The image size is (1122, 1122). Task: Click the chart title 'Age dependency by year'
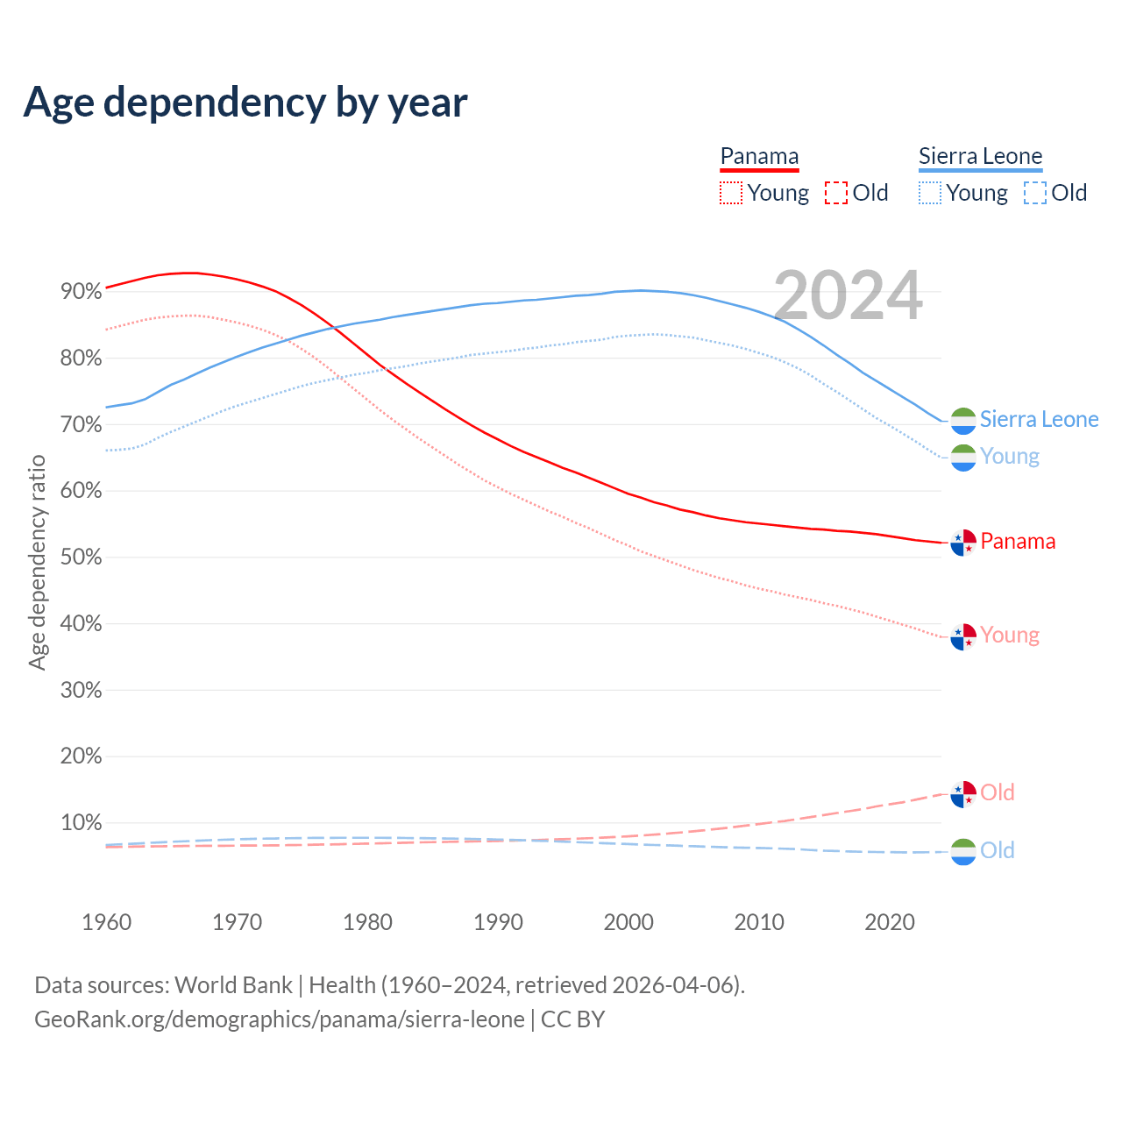[x=245, y=102]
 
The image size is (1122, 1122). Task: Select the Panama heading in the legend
[x=759, y=156]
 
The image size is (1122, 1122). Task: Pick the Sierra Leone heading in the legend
[x=980, y=156]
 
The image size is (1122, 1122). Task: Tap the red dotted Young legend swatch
[x=730, y=193]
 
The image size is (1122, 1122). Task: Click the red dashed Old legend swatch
[x=836, y=193]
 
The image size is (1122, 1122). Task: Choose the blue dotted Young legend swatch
[x=930, y=193]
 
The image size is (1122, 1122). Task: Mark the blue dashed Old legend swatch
[x=1035, y=193]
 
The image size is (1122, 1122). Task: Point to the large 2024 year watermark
[x=848, y=295]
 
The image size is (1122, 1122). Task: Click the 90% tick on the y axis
[x=81, y=292]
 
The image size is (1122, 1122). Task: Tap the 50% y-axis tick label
[x=81, y=557]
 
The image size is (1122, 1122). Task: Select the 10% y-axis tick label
[x=81, y=823]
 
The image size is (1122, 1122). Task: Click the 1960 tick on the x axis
[x=106, y=922]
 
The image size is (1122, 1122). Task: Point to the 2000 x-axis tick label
[x=628, y=922]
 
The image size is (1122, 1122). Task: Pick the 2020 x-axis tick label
[x=890, y=922]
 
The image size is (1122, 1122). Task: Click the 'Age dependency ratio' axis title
[x=37, y=562]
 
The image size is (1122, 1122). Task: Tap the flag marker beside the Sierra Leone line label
[x=963, y=421]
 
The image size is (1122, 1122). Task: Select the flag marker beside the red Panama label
[x=963, y=543]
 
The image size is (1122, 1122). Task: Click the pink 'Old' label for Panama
[x=998, y=792]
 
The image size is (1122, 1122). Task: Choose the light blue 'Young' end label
[x=1010, y=457]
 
